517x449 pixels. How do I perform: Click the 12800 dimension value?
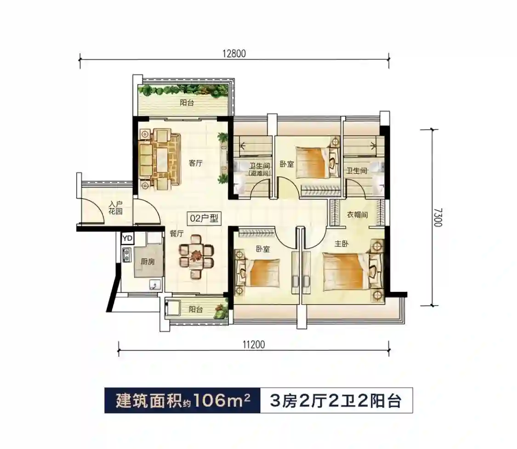tap(234, 53)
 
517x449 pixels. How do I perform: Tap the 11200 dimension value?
tap(254, 345)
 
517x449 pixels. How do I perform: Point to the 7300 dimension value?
tap(437, 217)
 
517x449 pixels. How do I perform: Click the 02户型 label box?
tap(204, 218)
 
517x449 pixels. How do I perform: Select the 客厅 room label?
tap(195, 163)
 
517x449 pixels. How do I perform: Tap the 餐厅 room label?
tap(176, 233)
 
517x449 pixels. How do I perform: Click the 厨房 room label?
tap(148, 262)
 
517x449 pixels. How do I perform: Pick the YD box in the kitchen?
tap(127, 239)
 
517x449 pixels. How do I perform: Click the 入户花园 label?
tap(115, 208)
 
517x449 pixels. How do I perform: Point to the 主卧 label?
tap(341, 244)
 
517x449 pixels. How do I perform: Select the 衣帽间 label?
tap(357, 215)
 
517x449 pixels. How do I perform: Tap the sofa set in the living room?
tap(159, 159)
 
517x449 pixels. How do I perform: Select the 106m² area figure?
tap(221, 400)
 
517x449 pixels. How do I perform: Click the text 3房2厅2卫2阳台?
tap(335, 401)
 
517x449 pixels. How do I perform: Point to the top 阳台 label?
tap(187, 102)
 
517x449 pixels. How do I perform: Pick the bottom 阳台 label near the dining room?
tap(195, 310)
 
